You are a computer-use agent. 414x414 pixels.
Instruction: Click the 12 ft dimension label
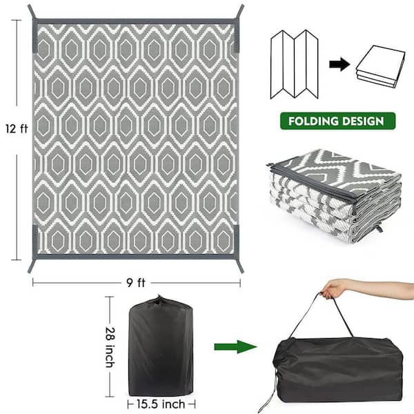(x=17, y=128)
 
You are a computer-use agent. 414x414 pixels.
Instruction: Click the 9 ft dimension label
(x=136, y=283)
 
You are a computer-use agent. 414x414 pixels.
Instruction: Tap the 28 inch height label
(x=110, y=347)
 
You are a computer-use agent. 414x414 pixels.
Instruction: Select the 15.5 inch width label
(x=161, y=404)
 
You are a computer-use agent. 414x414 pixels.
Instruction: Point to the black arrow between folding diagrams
(x=339, y=64)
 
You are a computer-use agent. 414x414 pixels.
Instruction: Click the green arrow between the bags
(x=235, y=346)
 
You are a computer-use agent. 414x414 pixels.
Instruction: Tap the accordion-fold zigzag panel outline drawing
(x=295, y=64)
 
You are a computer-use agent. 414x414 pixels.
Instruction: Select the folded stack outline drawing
(x=380, y=66)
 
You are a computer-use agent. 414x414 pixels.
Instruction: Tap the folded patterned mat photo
(x=334, y=196)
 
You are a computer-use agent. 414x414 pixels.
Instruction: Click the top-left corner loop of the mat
(x=32, y=12)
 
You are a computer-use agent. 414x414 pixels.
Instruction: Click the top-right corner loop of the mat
(x=240, y=12)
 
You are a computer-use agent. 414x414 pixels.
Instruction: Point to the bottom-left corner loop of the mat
(x=31, y=266)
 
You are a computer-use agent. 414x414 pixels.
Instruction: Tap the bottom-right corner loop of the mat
(x=239, y=266)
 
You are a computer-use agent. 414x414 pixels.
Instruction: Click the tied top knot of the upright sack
(x=159, y=300)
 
